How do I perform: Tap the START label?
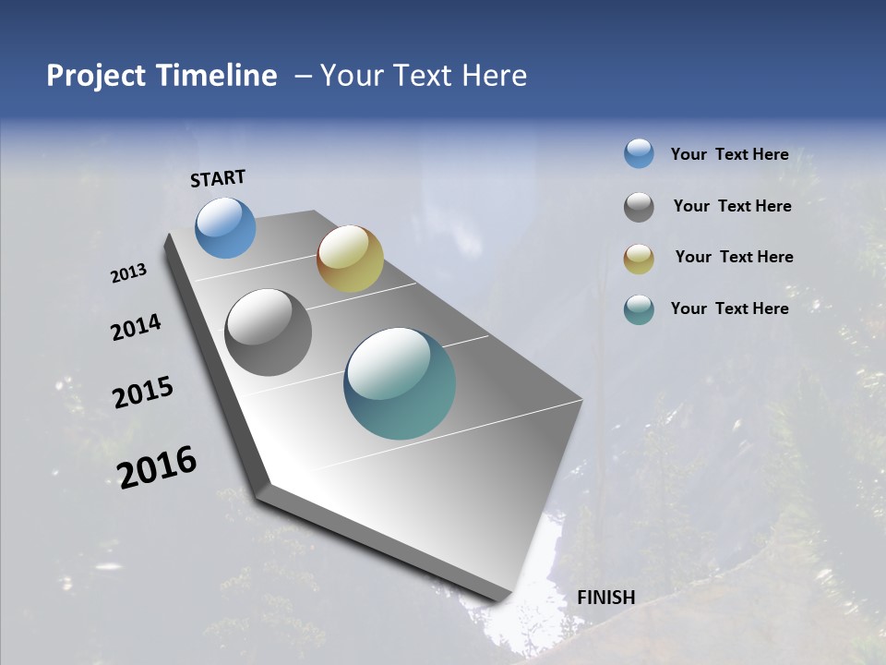point(218,177)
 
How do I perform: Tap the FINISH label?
point(605,598)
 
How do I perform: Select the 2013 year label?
point(129,273)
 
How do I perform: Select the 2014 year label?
point(137,327)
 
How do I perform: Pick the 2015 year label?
point(143,393)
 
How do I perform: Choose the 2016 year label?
point(157,466)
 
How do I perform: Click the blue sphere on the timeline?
point(226,227)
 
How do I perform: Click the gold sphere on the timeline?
point(350,259)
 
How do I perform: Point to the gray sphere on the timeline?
point(268,332)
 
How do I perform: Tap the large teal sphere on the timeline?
point(400,383)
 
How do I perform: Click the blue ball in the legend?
point(639,153)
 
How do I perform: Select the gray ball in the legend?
point(639,206)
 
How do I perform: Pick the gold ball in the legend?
point(639,258)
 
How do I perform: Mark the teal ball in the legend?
point(639,309)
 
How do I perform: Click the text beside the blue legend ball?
point(729,154)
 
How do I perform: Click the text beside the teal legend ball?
point(729,308)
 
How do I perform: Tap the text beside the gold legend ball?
point(734,257)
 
